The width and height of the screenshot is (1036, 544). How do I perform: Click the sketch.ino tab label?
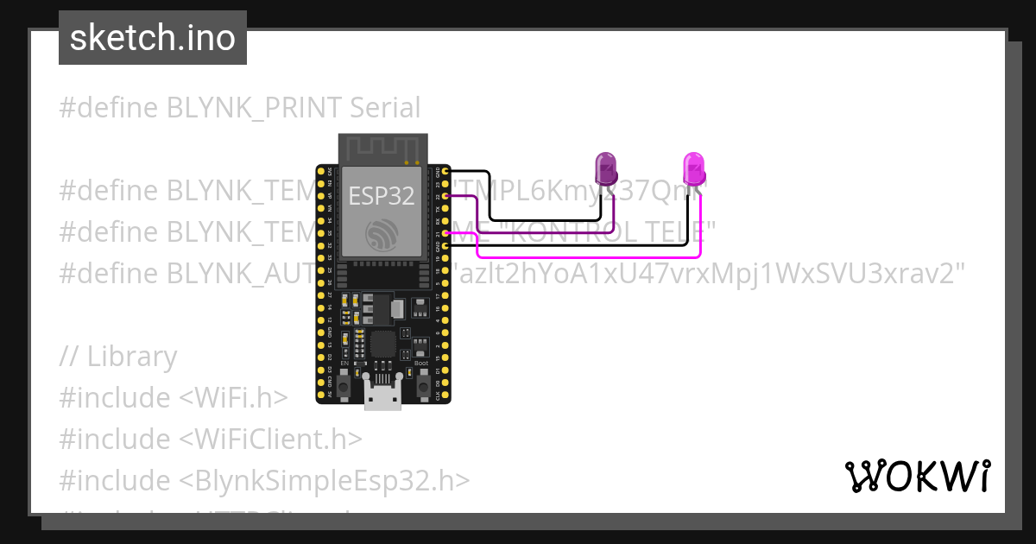tap(152, 38)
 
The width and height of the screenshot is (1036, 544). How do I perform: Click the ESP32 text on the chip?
tap(382, 196)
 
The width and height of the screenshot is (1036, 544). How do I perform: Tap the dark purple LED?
tap(606, 168)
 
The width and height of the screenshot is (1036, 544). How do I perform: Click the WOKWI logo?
tap(917, 476)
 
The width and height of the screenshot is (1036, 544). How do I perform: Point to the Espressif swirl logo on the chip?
tap(382, 234)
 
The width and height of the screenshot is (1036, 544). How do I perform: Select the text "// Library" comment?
tap(118, 356)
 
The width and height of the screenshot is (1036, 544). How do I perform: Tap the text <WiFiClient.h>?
tap(271, 439)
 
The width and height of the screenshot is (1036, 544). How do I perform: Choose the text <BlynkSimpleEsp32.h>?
tap(325, 480)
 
